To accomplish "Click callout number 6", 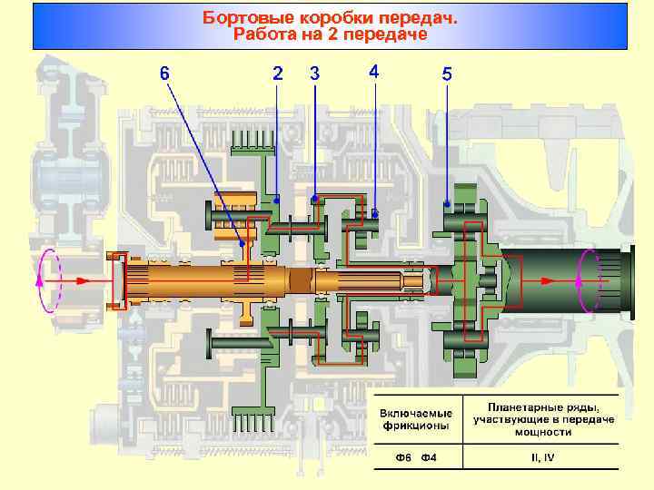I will point(163,73).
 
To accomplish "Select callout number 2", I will point(277,73).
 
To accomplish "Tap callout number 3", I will point(314,73).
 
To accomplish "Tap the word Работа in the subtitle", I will point(265,34).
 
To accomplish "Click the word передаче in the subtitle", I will point(388,34).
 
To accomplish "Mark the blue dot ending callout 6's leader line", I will point(241,243).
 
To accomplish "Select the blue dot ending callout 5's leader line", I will point(446,202).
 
